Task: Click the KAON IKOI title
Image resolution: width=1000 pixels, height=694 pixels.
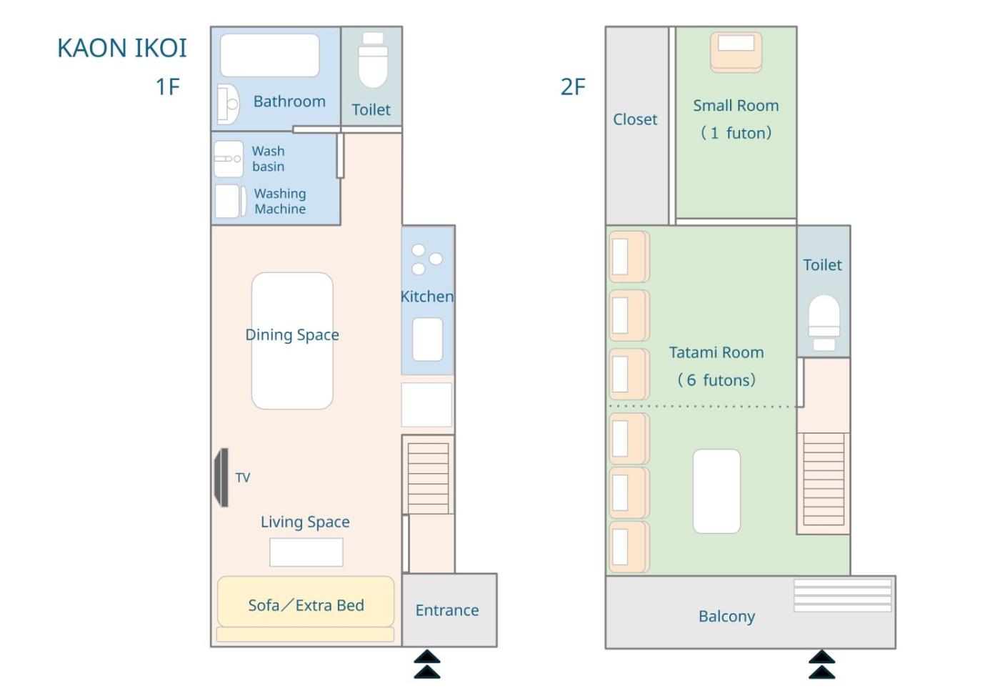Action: click(122, 48)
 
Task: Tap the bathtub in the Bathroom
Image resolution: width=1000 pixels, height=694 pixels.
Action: click(270, 55)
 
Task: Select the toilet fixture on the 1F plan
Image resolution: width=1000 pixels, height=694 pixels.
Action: click(373, 60)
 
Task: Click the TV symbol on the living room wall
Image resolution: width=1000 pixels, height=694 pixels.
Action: click(222, 477)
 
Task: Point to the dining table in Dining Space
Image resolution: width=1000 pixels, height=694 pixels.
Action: click(292, 341)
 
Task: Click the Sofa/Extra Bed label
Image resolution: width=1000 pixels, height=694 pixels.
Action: click(306, 605)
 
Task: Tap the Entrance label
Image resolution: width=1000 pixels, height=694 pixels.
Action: click(447, 610)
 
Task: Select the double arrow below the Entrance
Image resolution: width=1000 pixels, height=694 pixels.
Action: click(427, 664)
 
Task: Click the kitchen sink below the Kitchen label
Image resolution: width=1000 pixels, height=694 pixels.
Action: click(427, 339)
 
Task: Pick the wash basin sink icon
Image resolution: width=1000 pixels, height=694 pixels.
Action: click(228, 159)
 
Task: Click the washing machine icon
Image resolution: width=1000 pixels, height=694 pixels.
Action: click(230, 201)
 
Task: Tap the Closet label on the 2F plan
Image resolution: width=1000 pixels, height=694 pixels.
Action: click(635, 119)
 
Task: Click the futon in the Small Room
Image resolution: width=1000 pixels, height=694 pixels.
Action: click(736, 51)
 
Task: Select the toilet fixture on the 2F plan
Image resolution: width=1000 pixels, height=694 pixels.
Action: click(824, 322)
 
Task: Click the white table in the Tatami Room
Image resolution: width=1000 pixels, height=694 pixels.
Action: click(716, 491)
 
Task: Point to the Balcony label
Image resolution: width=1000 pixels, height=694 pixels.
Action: click(727, 616)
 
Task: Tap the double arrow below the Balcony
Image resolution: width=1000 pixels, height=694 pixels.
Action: click(822, 665)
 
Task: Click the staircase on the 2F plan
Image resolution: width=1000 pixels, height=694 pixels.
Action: click(824, 479)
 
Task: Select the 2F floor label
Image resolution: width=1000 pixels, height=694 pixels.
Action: click(573, 86)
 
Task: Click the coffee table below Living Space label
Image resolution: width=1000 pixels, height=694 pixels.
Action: click(306, 552)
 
